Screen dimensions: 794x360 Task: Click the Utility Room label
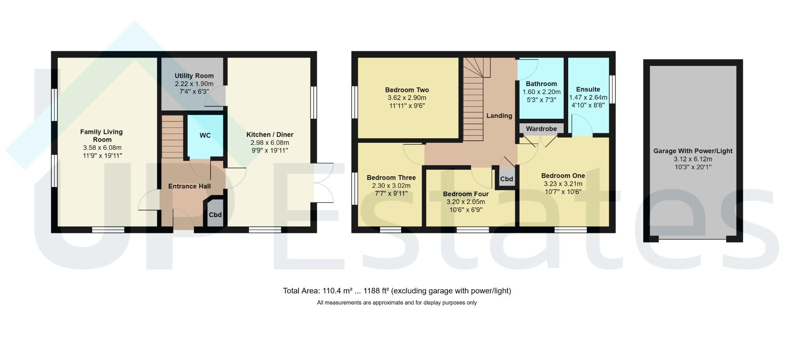(194, 76)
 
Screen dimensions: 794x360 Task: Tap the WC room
(205, 136)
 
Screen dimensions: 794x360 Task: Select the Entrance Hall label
(189, 186)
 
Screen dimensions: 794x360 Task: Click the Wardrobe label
(541, 129)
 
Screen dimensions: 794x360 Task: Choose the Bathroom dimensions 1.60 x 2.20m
(541, 92)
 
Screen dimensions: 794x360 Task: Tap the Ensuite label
(588, 89)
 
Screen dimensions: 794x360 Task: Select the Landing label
(499, 116)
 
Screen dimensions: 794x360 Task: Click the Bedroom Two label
(407, 90)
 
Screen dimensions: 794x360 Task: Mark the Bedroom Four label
(466, 194)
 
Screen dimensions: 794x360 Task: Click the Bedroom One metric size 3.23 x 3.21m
(563, 184)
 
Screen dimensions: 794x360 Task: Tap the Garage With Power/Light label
(693, 151)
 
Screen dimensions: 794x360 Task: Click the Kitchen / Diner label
(270, 135)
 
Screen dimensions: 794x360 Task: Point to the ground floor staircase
(172, 137)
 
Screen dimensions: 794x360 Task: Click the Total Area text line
(397, 291)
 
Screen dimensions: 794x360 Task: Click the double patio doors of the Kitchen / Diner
(324, 182)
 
